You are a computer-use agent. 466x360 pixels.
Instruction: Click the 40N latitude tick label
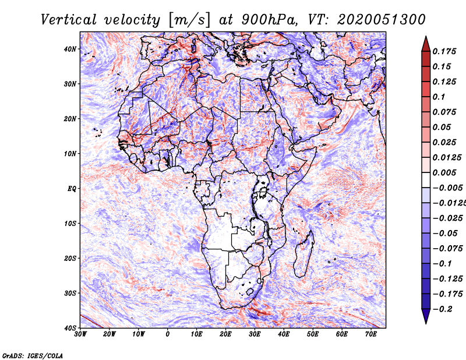pyautogui.click(x=70, y=49)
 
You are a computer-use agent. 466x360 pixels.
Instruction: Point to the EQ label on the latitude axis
pyautogui.click(x=72, y=189)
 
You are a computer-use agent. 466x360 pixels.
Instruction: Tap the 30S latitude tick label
pyautogui.click(x=70, y=293)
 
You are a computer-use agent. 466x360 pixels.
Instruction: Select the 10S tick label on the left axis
pyautogui.click(x=70, y=223)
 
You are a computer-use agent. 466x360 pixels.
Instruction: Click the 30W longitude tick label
pyautogui.click(x=80, y=334)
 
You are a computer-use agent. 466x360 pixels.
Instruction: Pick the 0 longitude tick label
pyautogui.click(x=168, y=334)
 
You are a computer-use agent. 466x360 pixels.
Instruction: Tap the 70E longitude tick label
pyautogui.click(x=371, y=334)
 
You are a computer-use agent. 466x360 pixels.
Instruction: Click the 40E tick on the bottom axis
pyautogui.click(x=284, y=334)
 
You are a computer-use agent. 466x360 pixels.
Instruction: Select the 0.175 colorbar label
pyautogui.click(x=444, y=52)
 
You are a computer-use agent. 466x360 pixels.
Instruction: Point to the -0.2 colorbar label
pyautogui.click(x=442, y=309)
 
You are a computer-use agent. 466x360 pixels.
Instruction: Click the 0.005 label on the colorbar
pyautogui.click(x=444, y=172)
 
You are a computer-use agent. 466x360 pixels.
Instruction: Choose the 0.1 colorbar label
pyautogui.click(x=439, y=97)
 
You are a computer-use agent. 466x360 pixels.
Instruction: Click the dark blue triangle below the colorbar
pyautogui.click(x=426, y=316)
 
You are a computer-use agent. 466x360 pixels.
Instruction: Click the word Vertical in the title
pyautogui.click(x=69, y=20)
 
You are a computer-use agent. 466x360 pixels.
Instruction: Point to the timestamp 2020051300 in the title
pyautogui.click(x=382, y=20)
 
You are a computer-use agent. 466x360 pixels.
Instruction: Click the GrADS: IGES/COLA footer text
pyautogui.click(x=33, y=355)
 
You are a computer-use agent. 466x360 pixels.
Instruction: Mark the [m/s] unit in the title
pyautogui.click(x=189, y=20)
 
